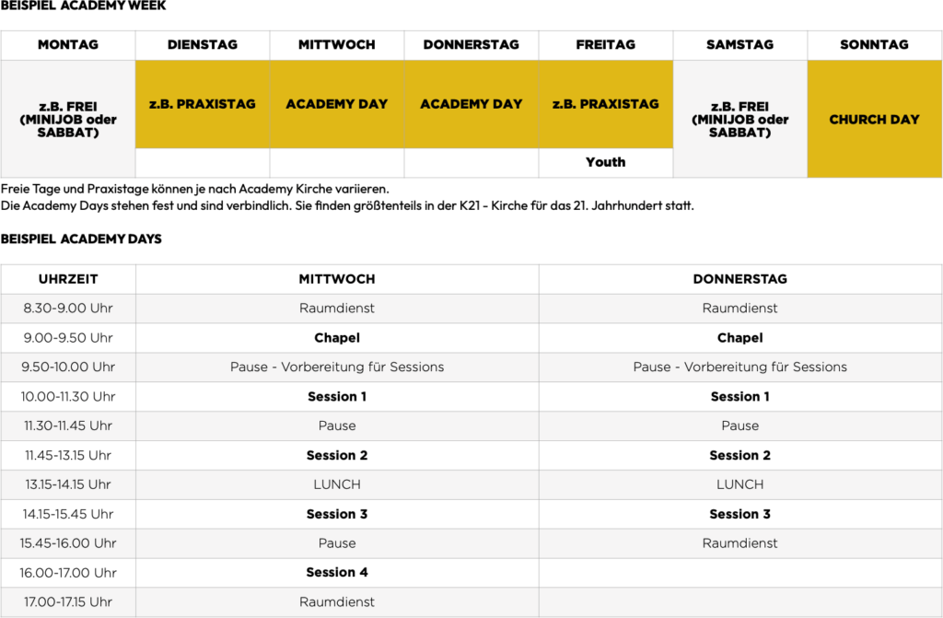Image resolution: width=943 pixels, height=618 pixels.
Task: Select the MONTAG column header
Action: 68,44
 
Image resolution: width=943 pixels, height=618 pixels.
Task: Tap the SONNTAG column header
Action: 874,44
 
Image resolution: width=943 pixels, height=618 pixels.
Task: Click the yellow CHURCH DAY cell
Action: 874,120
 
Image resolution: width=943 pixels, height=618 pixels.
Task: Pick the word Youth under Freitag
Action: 605,162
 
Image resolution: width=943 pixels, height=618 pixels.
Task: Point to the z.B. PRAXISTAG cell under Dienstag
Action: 202,104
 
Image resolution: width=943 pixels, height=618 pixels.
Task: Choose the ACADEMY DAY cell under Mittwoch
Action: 337,104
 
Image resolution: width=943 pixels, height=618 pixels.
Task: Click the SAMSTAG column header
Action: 739,44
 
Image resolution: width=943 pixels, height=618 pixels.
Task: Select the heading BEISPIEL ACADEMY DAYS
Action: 81,239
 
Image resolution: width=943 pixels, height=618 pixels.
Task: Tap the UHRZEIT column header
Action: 68,279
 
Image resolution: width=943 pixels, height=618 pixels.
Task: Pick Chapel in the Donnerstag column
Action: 740,338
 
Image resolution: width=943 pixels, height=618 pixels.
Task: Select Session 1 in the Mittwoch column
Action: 337,397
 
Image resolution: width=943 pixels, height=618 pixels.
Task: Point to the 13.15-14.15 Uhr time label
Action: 67,484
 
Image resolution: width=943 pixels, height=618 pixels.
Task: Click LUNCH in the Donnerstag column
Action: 740,484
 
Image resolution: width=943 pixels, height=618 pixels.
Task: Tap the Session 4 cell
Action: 337,573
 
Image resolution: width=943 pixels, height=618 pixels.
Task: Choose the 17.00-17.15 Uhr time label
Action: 67,602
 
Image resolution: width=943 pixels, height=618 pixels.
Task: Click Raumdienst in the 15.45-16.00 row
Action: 740,543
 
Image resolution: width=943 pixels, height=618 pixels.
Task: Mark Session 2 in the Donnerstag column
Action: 740,455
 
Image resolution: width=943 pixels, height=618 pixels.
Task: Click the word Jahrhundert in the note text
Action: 625,205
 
